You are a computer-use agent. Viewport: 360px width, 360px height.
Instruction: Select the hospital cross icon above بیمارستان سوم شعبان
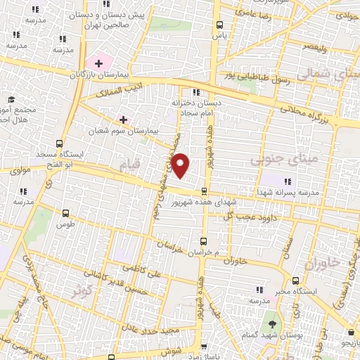(124, 120)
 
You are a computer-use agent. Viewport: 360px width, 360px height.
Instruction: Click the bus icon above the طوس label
(66, 214)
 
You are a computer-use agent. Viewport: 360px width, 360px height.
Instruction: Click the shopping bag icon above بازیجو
(349, 333)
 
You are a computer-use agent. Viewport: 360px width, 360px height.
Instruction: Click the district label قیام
(130, 165)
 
